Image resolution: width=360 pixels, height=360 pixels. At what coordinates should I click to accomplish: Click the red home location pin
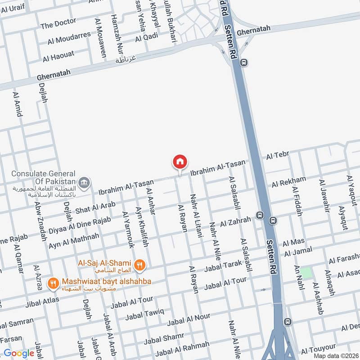[x=180, y=162]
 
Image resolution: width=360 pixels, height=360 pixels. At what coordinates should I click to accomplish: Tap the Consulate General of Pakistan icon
[x=84, y=183]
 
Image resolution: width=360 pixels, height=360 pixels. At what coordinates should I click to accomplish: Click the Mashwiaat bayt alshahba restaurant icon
[x=54, y=283]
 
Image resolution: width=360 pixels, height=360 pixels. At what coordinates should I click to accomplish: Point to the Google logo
[x=19, y=353]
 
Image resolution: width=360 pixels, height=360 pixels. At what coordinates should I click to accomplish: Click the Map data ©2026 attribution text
[x=335, y=355]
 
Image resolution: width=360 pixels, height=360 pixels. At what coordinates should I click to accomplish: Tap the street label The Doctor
[x=58, y=23]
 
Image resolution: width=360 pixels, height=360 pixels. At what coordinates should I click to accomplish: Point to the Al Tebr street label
[x=277, y=156]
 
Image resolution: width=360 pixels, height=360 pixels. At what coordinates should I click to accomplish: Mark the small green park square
[x=306, y=273]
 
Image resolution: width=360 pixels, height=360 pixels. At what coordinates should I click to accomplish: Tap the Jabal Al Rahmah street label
[x=182, y=348]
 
